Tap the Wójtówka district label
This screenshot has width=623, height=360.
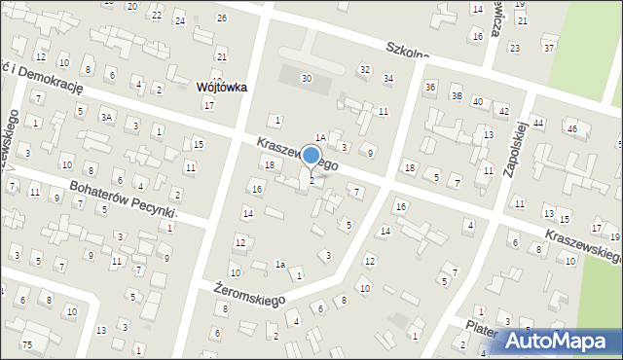221,87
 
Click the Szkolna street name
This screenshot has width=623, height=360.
407,54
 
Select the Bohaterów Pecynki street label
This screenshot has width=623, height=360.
122,198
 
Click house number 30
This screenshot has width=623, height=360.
307,78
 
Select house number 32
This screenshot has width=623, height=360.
365,69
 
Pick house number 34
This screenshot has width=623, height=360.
388,78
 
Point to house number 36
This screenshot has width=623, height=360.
430,88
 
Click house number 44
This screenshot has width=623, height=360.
538,124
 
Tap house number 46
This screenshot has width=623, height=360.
571,128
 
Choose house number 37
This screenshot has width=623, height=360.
550,48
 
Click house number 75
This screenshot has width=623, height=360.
27,345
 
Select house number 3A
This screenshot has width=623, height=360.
107,118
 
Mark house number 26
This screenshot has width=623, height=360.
222,18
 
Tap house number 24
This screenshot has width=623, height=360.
179,20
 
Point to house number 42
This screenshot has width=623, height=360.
503,112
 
